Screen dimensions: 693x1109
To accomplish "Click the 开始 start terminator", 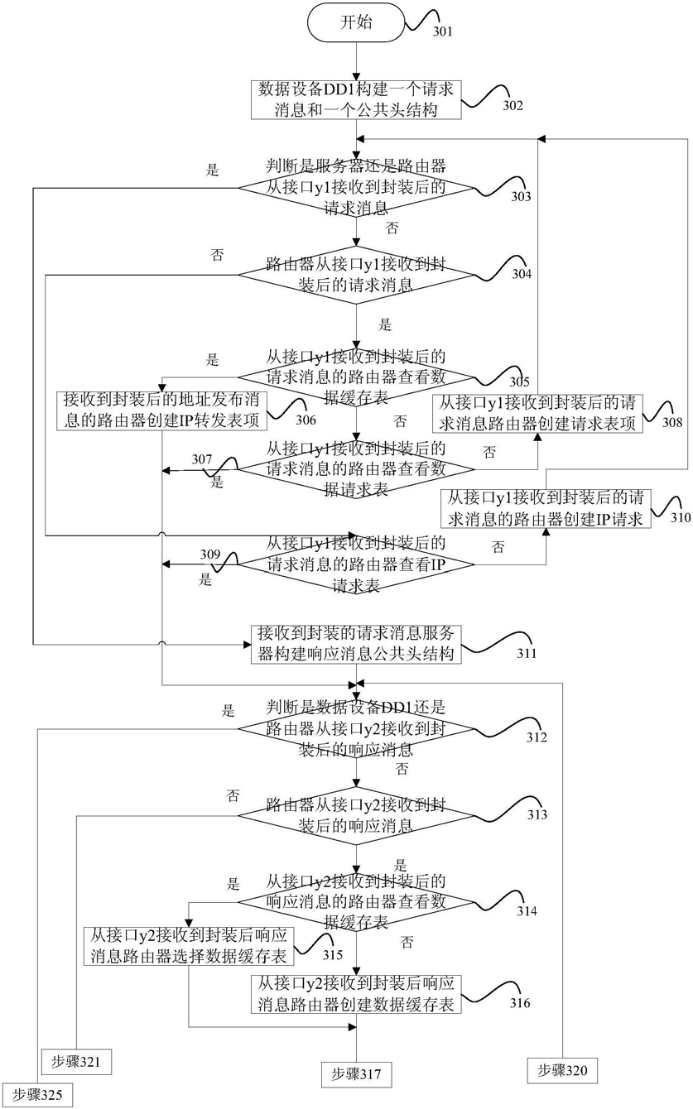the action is (356, 23).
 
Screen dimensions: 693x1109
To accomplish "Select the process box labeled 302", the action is (356, 100).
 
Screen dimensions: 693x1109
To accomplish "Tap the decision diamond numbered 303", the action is (356, 188).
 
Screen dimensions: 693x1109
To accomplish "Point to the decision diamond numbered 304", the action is (356, 275).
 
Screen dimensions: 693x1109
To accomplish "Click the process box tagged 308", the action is (537, 414).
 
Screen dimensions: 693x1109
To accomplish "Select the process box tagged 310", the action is (546, 508).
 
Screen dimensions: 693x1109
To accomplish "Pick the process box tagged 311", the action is (356, 644).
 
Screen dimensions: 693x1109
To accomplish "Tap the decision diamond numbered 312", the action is (356, 729).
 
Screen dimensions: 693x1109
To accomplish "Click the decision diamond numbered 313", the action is (356, 815).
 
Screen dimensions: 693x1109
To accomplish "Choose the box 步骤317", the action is (356, 1073).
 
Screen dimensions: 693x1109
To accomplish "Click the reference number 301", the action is (442, 31).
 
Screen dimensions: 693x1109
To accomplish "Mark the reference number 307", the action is (202, 459).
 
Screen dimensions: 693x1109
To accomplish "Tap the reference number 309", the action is (210, 554).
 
